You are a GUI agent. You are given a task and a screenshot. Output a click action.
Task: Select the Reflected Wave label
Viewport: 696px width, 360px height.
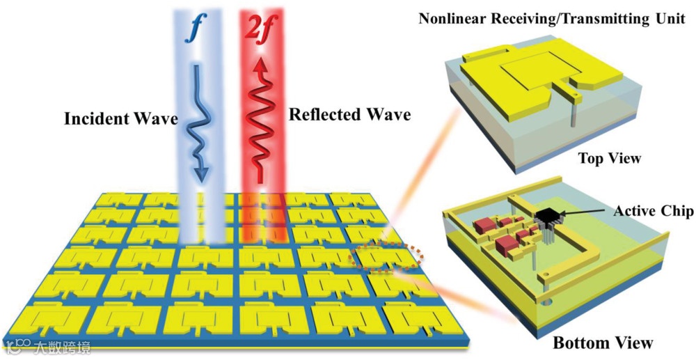coord(349,114)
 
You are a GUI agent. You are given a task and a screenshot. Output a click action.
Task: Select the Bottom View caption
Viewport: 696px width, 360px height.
coord(603,342)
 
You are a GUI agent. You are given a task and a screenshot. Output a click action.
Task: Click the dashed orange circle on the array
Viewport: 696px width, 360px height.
coord(383,258)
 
